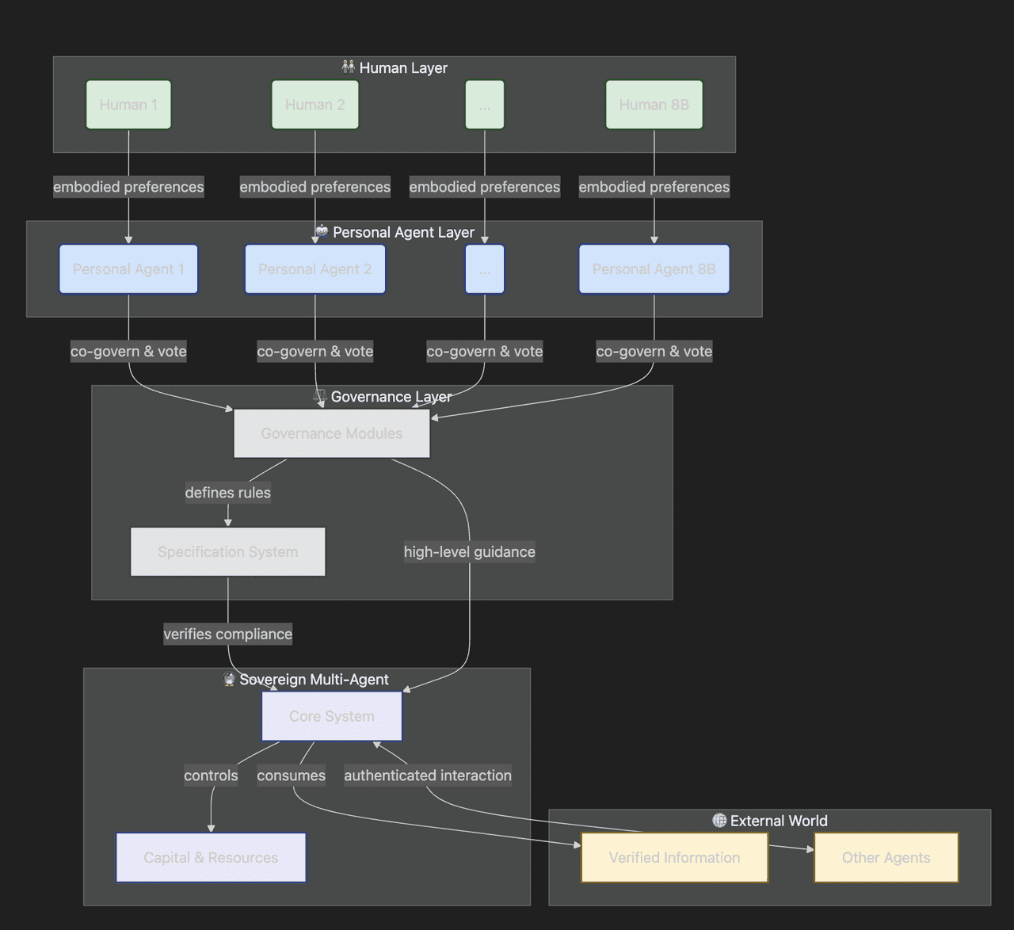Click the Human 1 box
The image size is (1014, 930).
(128, 105)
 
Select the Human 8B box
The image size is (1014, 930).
(654, 105)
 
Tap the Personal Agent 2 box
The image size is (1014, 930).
(314, 269)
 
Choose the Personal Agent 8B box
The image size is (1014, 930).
(654, 269)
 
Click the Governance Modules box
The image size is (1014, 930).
(331, 433)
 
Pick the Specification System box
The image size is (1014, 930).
(227, 552)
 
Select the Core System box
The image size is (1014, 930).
(331, 716)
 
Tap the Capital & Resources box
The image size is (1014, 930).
(211, 857)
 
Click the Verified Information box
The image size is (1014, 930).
(674, 857)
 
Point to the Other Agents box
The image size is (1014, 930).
(886, 857)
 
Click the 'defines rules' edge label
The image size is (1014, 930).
(227, 493)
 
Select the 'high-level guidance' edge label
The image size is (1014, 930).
(469, 552)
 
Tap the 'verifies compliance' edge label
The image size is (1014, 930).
(227, 634)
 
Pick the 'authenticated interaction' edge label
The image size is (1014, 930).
(428, 776)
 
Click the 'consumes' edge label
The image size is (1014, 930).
(291, 776)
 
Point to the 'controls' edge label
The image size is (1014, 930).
(211, 776)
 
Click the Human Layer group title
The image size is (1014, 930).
(402, 68)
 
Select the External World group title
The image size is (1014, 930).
(778, 821)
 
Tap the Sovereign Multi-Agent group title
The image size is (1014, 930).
(314, 680)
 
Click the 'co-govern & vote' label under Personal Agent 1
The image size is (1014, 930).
(128, 351)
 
